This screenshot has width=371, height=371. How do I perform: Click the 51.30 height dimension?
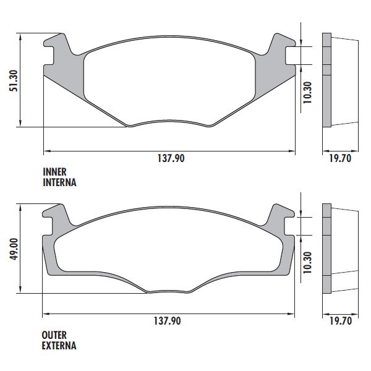tap(13, 80)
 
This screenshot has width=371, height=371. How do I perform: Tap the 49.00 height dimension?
tap(14, 249)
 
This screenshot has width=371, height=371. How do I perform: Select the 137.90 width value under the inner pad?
tap(171, 158)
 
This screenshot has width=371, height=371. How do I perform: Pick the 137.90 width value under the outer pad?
tap(168, 321)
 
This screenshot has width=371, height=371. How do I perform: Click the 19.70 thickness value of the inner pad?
tap(341, 158)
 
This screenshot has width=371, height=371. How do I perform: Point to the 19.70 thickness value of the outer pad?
tap(341, 321)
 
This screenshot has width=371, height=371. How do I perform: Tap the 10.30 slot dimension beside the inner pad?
tap(307, 93)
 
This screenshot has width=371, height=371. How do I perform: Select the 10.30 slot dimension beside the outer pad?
tap(307, 262)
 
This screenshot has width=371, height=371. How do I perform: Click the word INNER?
tap(54, 172)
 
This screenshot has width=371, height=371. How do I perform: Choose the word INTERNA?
tap(59, 182)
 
